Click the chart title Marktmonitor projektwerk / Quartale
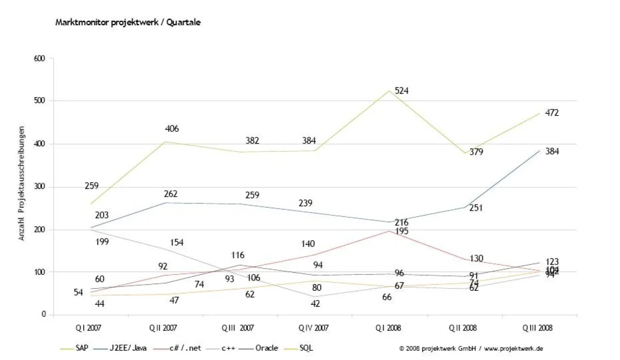click(x=128, y=23)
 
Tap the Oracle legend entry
click(x=267, y=348)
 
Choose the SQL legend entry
click(x=306, y=348)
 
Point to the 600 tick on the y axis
click(x=40, y=58)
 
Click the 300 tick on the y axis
click(x=40, y=187)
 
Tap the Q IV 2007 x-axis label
click(x=313, y=327)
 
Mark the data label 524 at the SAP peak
click(x=402, y=91)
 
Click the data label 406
click(x=172, y=129)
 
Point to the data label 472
click(x=552, y=113)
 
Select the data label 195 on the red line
click(x=401, y=231)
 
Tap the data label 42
click(x=315, y=304)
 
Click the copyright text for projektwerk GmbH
click(x=471, y=349)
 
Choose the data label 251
click(x=477, y=208)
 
